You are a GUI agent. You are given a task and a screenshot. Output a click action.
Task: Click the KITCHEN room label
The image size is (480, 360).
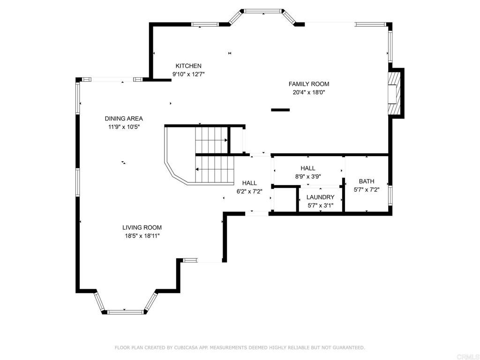(x=188, y=66)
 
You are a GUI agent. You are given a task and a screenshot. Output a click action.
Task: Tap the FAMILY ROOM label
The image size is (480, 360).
(x=309, y=84)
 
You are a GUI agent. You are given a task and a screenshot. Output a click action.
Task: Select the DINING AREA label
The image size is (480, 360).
(x=124, y=119)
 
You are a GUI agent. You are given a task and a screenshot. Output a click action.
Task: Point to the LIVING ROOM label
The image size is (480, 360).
(x=142, y=227)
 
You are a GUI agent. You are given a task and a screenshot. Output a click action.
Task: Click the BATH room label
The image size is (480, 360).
(x=367, y=181)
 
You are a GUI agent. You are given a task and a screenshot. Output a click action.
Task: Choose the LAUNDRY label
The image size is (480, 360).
(x=320, y=197)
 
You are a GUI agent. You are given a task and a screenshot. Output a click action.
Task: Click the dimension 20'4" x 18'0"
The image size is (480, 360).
(x=308, y=92)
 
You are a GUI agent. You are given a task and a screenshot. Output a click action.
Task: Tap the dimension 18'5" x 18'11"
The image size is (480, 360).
(x=142, y=236)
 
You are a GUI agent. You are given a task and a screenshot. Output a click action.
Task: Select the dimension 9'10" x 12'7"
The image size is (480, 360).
(x=188, y=74)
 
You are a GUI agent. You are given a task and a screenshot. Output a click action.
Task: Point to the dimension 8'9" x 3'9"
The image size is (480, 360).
(x=307, y=177)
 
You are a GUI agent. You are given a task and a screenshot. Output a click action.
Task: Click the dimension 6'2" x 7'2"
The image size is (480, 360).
(x=249, y=192)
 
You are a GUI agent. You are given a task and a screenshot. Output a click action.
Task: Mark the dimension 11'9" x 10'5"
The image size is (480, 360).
(x=124, y=127)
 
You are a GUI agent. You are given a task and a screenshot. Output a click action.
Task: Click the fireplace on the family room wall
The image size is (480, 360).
(x=396, y=93)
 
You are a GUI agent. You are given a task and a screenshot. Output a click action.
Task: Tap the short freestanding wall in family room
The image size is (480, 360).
(x=280, y=110)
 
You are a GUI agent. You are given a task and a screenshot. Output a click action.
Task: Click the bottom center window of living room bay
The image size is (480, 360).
(x=126, y=312)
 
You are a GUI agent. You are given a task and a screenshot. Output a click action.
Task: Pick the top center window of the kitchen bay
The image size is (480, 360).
(x=263, y=11)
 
